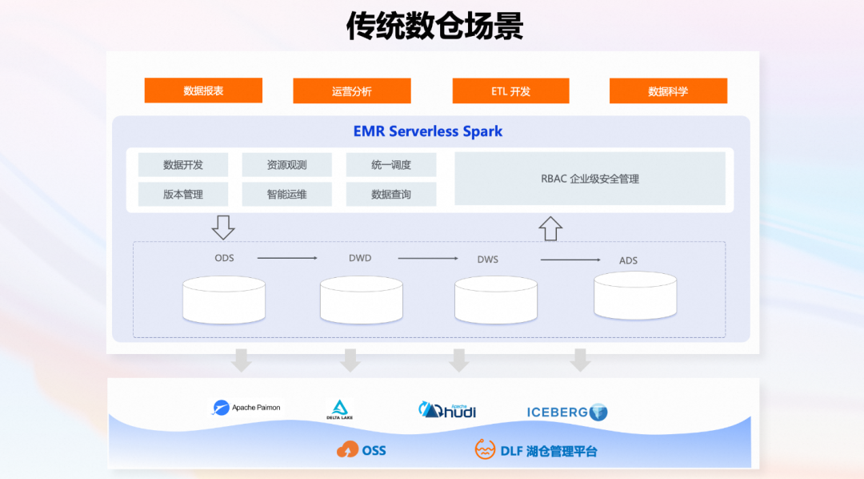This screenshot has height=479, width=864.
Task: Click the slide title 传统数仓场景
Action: [x=434, y=26]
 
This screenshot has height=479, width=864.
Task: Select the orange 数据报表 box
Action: [x=203, y=91]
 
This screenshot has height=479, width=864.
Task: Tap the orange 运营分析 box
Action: [x=352, y=91]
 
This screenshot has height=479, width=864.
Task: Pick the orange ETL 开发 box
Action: [x=510, y=91]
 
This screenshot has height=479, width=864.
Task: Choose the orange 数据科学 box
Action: [x=668, y=91]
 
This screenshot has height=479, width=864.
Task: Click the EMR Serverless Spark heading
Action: [x=428, y=131]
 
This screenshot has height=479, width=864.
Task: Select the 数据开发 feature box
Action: [x=183, y=165]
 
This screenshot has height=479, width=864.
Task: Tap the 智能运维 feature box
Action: [x=286, y=194]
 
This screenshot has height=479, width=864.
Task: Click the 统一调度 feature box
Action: [x=391, y=165]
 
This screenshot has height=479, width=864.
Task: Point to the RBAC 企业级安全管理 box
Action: [x=590, y=179]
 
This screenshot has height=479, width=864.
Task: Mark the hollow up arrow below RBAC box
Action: [x=550, y=228]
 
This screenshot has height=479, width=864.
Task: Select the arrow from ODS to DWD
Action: [x=287, y=258]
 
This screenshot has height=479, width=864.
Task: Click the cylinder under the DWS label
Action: [x=495, y=300]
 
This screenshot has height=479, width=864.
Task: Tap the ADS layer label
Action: [x=628, y=260]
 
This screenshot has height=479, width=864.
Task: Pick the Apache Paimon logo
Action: [x=246, y=408]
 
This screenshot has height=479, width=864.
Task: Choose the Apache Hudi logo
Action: [x=447, y=409]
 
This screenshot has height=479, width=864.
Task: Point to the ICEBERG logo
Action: [x=567, y=413]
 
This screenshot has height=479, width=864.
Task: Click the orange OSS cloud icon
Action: [x=348, y=450]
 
